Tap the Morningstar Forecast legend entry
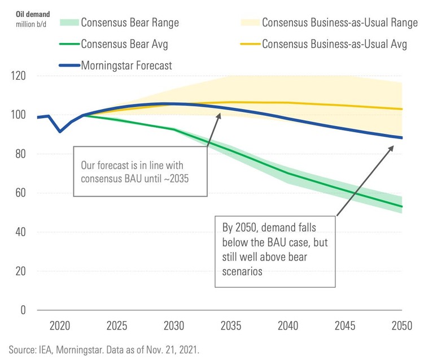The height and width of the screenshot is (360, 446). coord(126,66)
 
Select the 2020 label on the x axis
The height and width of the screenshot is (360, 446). coord(60,326)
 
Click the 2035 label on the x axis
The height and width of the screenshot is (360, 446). coord(230,326)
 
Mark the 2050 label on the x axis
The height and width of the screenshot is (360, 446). coord(401,326)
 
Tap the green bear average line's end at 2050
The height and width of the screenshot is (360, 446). coord(401,207)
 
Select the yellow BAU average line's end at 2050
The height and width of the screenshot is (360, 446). coord(401,109)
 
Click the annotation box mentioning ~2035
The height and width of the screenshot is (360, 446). coord(141,171)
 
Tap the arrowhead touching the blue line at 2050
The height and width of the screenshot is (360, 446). coord(393,145)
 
